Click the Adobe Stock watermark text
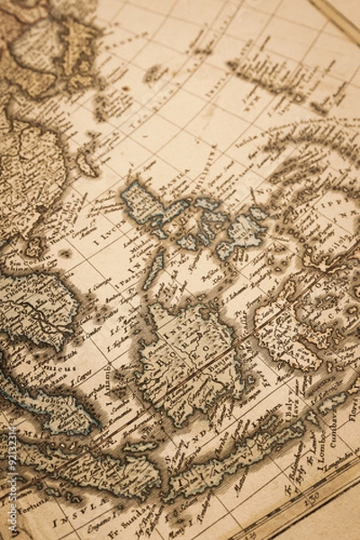click(12, 486)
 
